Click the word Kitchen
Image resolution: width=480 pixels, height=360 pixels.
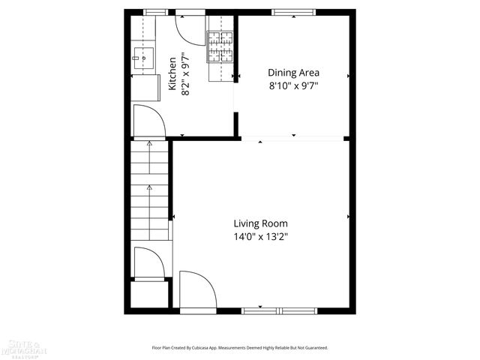point(172,73)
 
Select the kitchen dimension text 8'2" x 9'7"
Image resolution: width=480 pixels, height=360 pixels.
point(186,73)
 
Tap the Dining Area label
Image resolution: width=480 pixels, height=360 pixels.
point(294,73)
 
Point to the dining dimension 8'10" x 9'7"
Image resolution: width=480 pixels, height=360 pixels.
point(294,85)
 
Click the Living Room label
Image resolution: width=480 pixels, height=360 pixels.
point(260,223)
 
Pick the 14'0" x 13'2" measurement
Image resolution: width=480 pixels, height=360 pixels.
point(260,236)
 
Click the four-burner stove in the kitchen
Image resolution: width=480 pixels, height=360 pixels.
point(220,46)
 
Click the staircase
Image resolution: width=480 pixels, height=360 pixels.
point(150,191)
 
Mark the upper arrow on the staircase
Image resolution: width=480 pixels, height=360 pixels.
point(149,142)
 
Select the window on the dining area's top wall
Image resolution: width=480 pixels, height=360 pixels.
point(283,12)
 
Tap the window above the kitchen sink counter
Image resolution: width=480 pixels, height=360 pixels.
point(154,12)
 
